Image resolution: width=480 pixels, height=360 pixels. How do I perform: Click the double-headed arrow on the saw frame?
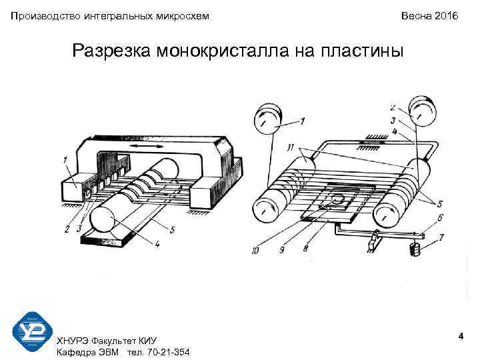[x=146, y=145]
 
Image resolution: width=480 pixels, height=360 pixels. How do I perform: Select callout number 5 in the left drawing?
[x=172, y=230]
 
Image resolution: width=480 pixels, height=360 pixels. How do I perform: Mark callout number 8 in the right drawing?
[x=306, y=249]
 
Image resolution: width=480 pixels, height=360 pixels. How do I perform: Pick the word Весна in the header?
[x=415, y=15]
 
